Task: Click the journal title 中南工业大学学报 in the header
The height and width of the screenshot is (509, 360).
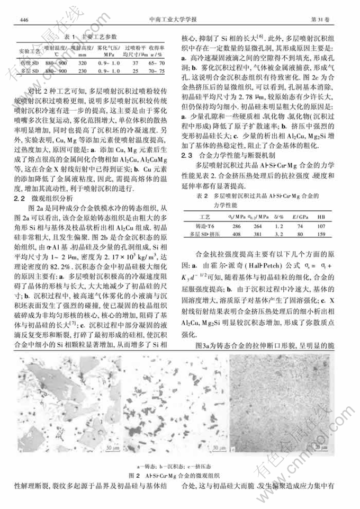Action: coord(179,19)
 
